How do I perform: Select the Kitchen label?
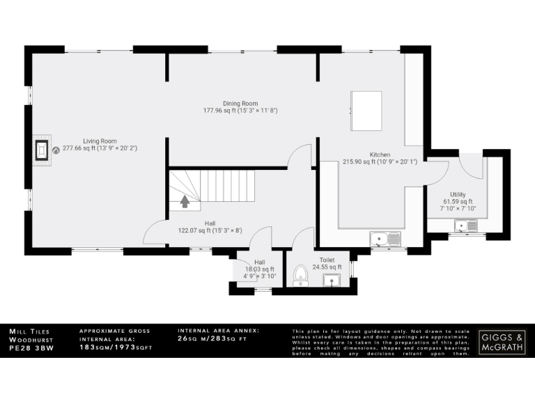tap(380, 155)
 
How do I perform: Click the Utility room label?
tap(458, 195)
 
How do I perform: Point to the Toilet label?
tap(326, 260)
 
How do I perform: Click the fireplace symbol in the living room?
tap(43, 149)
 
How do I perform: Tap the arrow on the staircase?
tap(185, 201)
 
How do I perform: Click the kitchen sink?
tap(385, 239)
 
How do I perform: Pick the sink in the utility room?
tap(465, 225)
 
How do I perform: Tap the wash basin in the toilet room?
tap(332, 280)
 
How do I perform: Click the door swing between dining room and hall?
tap(301, 156)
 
